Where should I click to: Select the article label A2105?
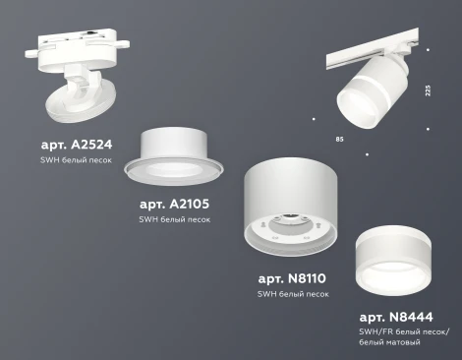click(174, 204)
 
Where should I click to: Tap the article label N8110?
click(292, 279)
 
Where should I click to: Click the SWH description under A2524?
click(76, 158)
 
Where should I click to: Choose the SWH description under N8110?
click(293, 294)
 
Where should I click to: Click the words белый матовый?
click(390, 342)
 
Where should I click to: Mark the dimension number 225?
click(428, 90)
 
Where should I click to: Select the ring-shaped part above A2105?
click(175, 157)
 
